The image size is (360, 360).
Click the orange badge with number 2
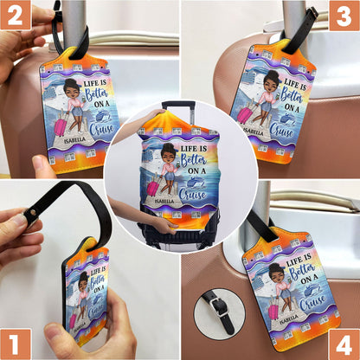click(x=16, y=15)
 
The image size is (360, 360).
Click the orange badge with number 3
click(x=344, y=15)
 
